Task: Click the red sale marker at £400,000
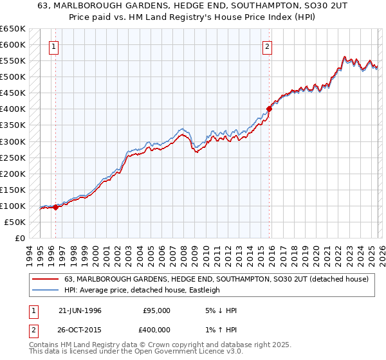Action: point(270,109)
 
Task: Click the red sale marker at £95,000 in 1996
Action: point(56,207)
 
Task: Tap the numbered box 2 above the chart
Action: point(266,46)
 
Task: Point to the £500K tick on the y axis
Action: point(13,76)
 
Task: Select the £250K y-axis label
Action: point(13,157)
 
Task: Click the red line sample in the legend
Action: point(45,279)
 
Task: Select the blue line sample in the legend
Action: point(45,290)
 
